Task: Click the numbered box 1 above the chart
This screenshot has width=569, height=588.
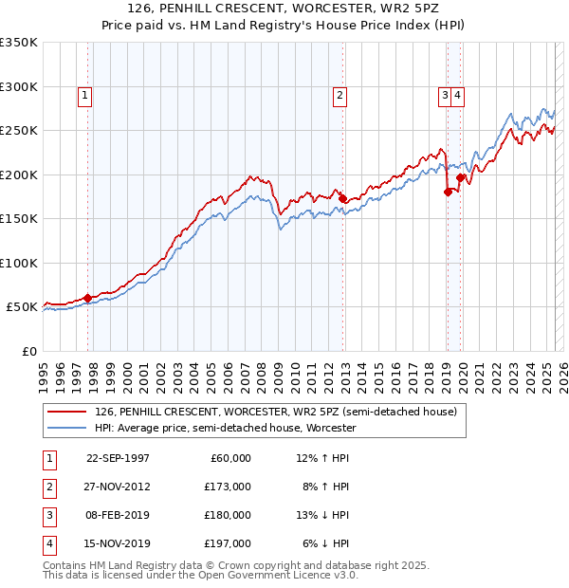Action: coord(85,94)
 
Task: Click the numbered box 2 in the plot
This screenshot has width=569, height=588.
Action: coord(340,94)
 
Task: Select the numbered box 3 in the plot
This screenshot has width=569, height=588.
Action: coord(444,94)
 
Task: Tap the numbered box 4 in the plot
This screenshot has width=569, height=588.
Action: coord(457,94)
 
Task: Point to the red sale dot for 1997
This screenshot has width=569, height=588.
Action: coord(88,298)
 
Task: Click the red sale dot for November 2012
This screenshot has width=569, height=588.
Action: coord(343,199)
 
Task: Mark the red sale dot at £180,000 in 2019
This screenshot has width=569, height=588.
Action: coord(447,193)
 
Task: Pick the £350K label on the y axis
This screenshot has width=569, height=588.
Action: coord(19,43)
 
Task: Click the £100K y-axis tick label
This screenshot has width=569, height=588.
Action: coord(19,263)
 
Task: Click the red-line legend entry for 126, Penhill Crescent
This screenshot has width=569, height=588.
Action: coord(276,412)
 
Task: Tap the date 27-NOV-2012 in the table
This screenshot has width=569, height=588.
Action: coord(118,487)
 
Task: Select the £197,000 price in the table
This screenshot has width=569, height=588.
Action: coord(228,543)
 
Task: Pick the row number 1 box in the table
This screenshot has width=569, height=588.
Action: coord(47,458)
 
